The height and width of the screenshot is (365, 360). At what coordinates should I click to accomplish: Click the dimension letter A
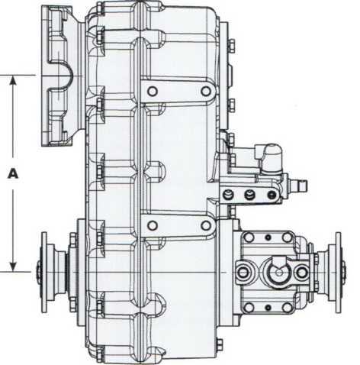pyautogui.click(x=13, y=173)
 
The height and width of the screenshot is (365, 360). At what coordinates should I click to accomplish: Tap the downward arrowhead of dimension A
pyautogui.click(x=13, y=266)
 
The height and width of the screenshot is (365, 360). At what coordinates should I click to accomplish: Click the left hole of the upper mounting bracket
pyautogui.click(x=153, y=91)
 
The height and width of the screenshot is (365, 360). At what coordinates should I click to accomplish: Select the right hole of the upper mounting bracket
pyautogui.click(x=206, y=91)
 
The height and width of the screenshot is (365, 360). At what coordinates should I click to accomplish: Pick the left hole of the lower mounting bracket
pyautogui.click(x=153, y=225)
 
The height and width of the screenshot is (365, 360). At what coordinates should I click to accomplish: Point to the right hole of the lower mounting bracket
pyautogui.click(x=206, y=225)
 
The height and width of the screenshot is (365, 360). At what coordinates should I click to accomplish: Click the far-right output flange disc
pyautogui.click(x=338, y=273)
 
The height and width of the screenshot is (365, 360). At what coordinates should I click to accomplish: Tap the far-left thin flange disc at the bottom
pyautogui.click(x=44, y=273)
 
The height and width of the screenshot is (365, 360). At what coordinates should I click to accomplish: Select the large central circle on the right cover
pyautogui.click(x=278, y=273)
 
